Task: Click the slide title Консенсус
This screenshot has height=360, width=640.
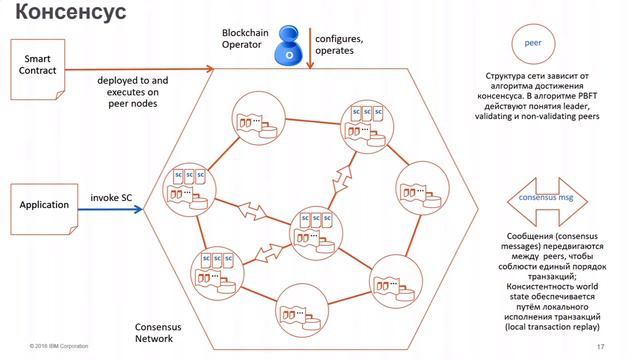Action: (67, 15)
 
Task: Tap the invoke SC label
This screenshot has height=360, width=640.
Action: (111, 197)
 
